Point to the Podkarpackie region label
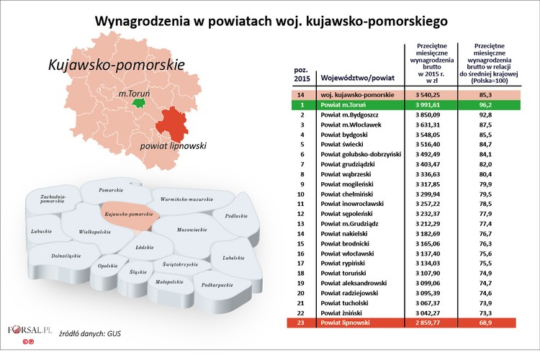[x=217, y=286]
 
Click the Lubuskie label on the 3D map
[x=42, y=231]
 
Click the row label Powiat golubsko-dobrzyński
[x=366, y=154]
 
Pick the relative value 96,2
[x=494, y=104]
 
